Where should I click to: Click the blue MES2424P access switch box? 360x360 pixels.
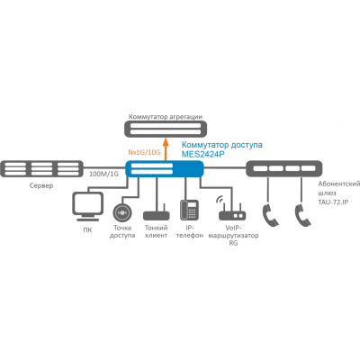coord(165,168)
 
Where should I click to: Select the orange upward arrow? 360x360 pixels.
coord(166,148)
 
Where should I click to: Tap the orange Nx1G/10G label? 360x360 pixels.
coord(144,152)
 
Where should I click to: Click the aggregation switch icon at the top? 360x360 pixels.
coord(166,129)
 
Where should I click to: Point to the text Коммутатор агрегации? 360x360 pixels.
coord(166,117)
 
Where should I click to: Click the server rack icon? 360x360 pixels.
coord(41,168)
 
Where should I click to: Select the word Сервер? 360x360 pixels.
coord(41,185)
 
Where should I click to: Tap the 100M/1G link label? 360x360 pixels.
coord(103,174)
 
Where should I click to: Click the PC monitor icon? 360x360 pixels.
coord(88,207)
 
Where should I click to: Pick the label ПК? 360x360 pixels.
coord(87,230)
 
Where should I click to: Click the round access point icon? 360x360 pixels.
coord(122,212)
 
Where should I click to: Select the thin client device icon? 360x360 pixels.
coord(157,212)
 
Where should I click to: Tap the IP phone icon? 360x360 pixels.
coord(189,210)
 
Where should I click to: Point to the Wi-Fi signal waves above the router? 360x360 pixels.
coord(220,200)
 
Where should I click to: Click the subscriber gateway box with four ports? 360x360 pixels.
coord(284,168)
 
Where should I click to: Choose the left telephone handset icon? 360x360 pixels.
coord(271,215)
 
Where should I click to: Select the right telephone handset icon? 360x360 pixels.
coord(302,215)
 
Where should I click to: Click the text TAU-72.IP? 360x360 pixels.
coord(333,202)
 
